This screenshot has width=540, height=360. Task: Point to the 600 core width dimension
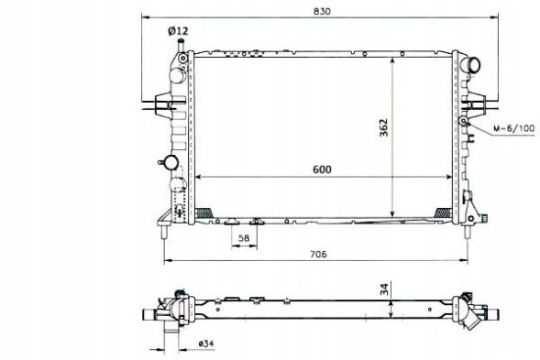click(x=321, y=169)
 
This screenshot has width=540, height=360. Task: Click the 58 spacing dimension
click(x=245, y=238)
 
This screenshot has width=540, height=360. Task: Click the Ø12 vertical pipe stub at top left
click(x=182, y=46)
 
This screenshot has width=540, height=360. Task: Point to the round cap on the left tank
click(x=169, y=163)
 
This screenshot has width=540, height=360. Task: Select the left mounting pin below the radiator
click(x=164, y=233)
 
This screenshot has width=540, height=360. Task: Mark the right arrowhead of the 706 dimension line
click(x=468, y=262)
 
